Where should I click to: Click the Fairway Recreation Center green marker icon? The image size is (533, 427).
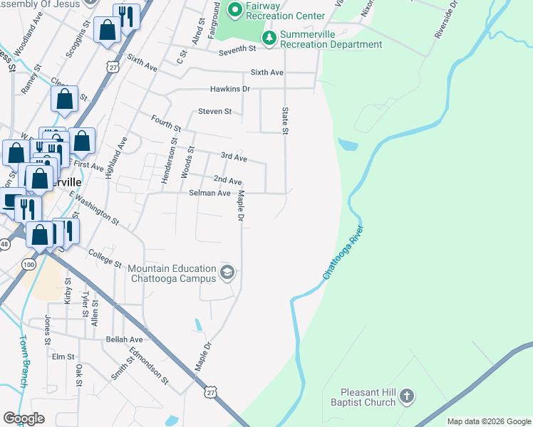tap(234, 11)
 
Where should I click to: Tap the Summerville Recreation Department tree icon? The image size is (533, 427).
tap(269, 37)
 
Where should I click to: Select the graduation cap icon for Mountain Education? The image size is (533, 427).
tap(227, 272)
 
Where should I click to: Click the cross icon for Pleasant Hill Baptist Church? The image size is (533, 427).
tap(406, 396)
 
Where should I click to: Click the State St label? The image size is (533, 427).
tap(285, 121)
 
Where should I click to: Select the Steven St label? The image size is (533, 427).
tap(214, 111)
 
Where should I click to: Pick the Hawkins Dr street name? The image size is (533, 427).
tap(229, 89)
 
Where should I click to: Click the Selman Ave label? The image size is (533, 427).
tap(209, 193)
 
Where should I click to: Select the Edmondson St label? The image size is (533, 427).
tap(148, 366)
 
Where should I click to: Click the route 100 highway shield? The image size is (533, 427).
tap(28, 265)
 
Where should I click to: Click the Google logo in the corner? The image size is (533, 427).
tap(24, 418)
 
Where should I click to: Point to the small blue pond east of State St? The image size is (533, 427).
tap(347, 144)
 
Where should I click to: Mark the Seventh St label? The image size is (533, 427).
tap(237, 48)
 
